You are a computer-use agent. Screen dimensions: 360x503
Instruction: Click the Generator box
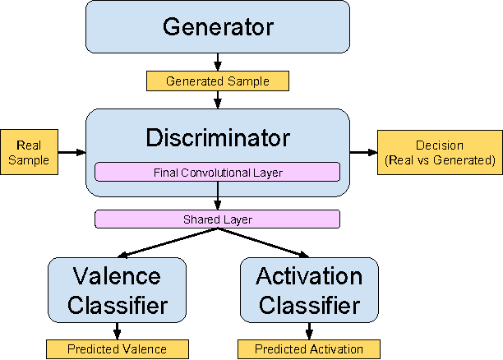(x=217, y=28)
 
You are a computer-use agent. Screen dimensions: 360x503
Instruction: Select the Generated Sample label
(x=217, y=81)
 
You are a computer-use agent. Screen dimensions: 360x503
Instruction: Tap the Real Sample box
(x=29, y=152)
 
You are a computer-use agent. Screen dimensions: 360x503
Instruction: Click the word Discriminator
(x=217, y=136)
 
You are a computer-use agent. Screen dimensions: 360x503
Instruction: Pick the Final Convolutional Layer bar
(x=217, y=173)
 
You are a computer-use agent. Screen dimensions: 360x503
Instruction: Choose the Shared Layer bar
(x=217, y=219)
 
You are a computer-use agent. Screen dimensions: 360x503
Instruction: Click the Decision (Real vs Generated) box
(x=439, y=152)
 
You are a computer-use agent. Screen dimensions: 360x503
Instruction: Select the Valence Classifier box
(x=118, y=290)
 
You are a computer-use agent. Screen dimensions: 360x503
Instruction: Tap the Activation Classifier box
(x=309, y=290)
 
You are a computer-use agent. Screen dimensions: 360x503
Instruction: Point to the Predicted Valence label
(x=118, y=349)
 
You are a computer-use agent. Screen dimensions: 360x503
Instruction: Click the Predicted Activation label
(x=309, y=349)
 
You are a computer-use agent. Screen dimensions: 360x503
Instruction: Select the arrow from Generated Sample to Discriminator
(x=217, y=99)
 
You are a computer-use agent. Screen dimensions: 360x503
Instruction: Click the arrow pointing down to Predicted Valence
(x=118, y=331)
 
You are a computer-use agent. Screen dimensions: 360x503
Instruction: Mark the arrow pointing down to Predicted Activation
(x=309, y=331)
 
